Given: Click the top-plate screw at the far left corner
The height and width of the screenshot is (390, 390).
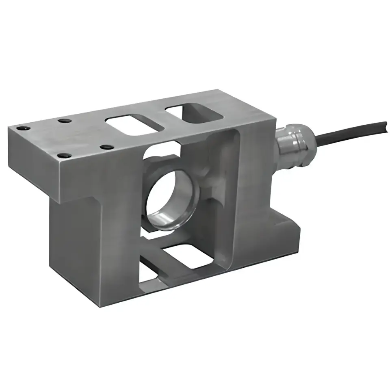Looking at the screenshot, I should (x=23, y=128).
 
